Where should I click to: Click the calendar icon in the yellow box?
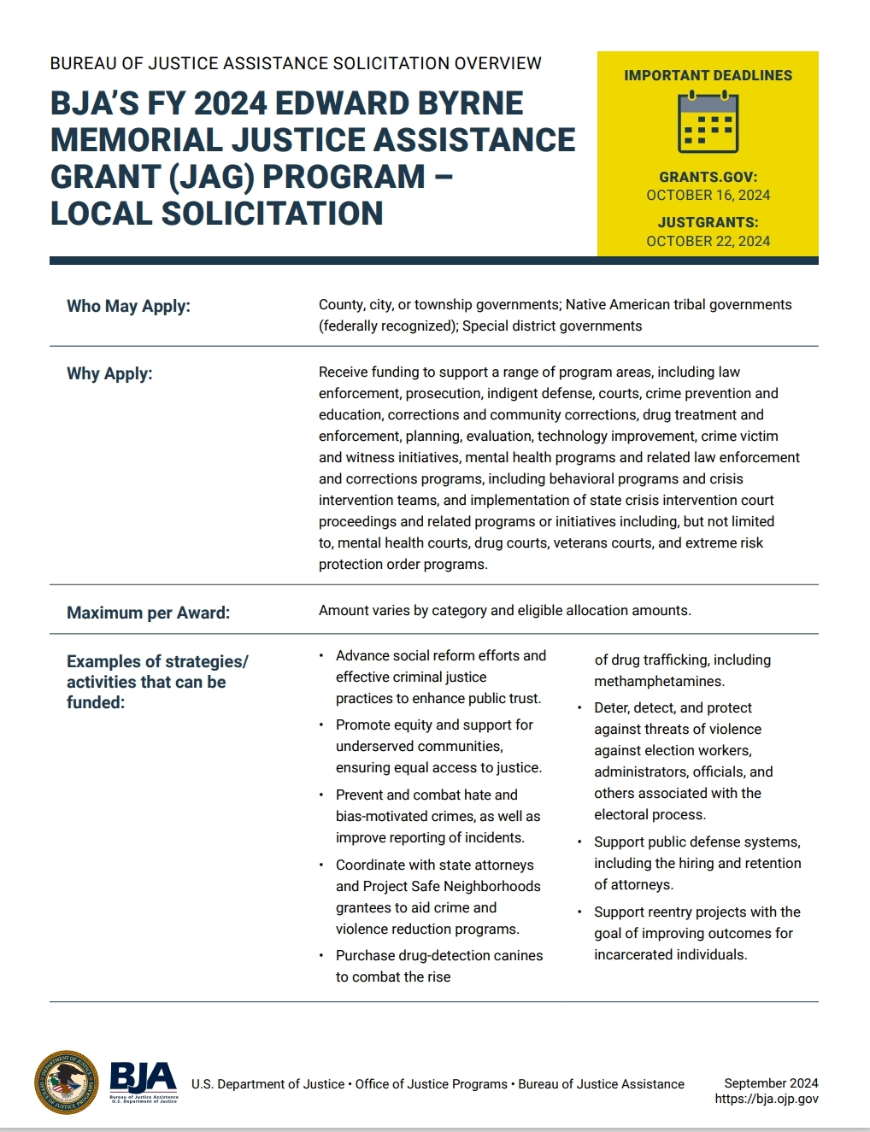pyautogui.click(x=708, y=123)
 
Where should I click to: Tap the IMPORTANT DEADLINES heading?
pyautogui.click(x=708, y=75)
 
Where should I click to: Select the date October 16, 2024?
pyautogui.click(x=708, y=196)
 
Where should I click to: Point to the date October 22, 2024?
pyautogui.click(x=708, y=242)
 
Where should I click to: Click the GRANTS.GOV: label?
pyautogui.click(x=708, y=177)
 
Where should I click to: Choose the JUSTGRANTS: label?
pyautogui.click(x=708, y=222)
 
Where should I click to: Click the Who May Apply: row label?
pyautogui.click(x=128, y=306)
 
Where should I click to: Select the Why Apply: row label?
pyautogui.click(x=109, y=373)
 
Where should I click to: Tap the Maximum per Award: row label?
pyautogui.click(x=148, y=613)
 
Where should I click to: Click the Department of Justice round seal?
pyautogui.click(x=67, y=1082)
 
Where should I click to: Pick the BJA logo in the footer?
pyautogui.click(x=144, y=1082)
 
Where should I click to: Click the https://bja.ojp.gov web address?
pyautogui.click(x=767, y=1100)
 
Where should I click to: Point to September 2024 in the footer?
pyautogui.click(x=771, y=1083)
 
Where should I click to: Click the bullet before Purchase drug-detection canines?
pyautogui.click(x=321, y=956)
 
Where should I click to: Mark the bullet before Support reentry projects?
pyautogui.click(x=579, y=912)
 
